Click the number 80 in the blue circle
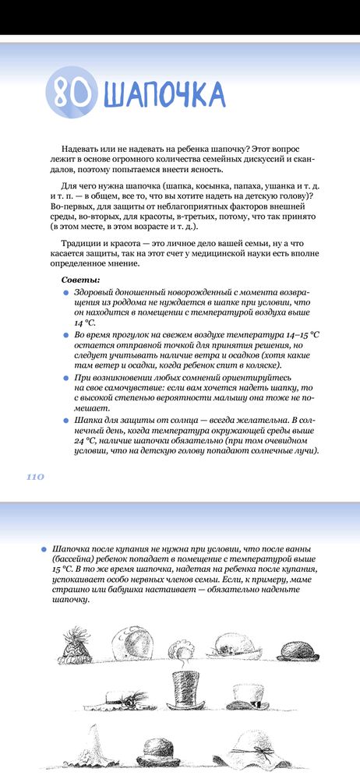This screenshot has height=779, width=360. (69, 93)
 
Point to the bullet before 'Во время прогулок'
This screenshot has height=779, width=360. (65, 334)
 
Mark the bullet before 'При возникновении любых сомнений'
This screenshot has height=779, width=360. (65, 377)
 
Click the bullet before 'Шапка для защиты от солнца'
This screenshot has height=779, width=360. (65, 420)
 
